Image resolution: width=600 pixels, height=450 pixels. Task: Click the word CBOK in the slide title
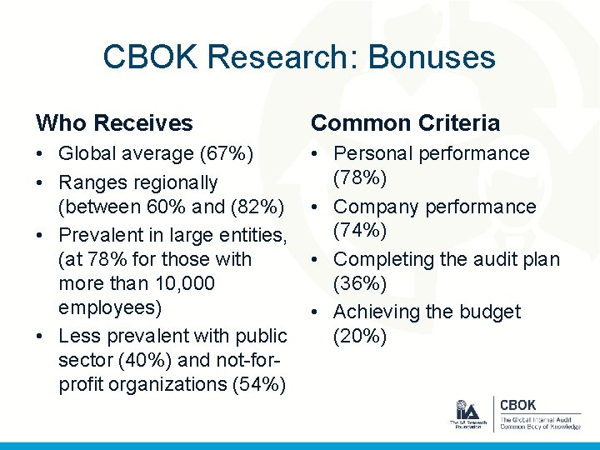151,57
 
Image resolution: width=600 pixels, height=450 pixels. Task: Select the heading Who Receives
114,123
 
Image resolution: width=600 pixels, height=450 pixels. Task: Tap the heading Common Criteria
405,123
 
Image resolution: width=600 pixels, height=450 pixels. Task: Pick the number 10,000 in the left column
176,283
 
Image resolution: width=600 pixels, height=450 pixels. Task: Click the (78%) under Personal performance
359,179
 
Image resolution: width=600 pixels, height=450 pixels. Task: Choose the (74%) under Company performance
359,232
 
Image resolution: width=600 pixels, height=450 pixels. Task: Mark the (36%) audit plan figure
359,284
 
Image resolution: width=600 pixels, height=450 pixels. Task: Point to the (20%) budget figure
359,337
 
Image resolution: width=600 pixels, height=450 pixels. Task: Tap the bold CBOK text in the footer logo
517,405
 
